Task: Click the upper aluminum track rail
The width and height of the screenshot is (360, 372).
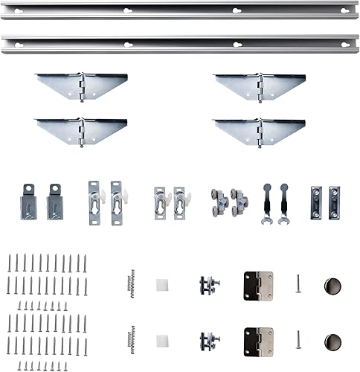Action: click(179, 11)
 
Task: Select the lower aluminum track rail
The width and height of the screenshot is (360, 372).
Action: click(179, 44)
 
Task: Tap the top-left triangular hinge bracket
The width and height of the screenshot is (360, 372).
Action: click(82, 85)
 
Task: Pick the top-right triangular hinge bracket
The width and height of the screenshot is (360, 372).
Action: click(260, 85)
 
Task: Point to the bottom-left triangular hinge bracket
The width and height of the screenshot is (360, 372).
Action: click(82, 130)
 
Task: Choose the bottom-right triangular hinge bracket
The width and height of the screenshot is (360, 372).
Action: click(260, 130)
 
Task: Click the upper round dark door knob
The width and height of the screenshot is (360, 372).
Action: click(333, 286)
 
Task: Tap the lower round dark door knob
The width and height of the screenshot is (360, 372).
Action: click(333, 343)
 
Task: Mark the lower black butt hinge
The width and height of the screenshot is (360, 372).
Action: click(258, 341)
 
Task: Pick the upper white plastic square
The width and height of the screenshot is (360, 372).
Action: click(162, 285)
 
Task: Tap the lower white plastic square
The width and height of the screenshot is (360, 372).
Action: click(162, 341)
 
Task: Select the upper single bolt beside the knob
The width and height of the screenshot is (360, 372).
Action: click(298, 283)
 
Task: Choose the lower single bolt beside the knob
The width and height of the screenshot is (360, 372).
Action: click(298, 340)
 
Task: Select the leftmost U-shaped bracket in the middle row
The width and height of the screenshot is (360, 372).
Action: click(28, 202)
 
